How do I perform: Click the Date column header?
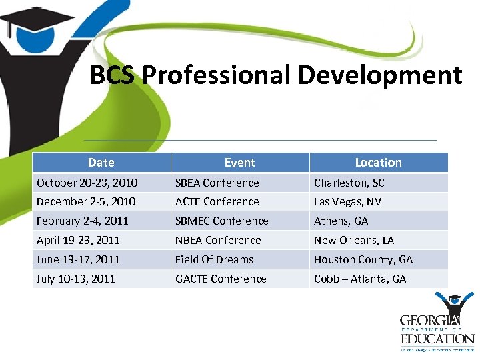pyautogui.click(x=101, y=162)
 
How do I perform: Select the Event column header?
pyautogui.click(x=239, y=162)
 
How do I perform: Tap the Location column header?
pyautogui.click(x=378, y=162)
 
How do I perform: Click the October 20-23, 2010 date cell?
pyautogui.click(x=87, y=183)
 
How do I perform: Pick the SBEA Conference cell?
pyautogui.click(x=217, y=183)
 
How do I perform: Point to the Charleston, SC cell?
pyautogui.click(x=349, y=183)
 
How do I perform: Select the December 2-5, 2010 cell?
pyautogui.click(x=86, y=201)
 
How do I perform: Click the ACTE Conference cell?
pyautogui.click(x=217, y=201)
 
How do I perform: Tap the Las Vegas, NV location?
pyautogui.click(x=347, y=201)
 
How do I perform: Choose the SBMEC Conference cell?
pyautogui.click(x=221, y=221)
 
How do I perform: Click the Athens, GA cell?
pyautogui.click(x=341, y=221)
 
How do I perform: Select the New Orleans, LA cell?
pyautogui.click(x=354, y=240)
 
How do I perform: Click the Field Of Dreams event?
pyautogui.click(x=214, y=259)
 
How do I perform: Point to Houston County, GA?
pyautogui.click(x=363, y=259)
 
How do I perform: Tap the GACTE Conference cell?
pyautogui.click(x=221, y=279)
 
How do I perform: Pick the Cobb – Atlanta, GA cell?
pyautogui.click(x=360, y=279)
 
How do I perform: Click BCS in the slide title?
pyautogui.click(x=113, y=75)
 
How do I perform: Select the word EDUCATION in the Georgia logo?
pyautogui.click(x=437, y=339)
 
